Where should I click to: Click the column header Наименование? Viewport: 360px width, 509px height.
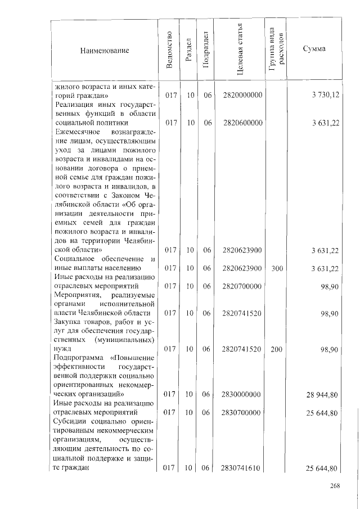tap(105, 51)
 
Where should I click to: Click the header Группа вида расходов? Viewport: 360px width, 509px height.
tap(276, 50)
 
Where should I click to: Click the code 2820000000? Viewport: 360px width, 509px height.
tap(242, 96)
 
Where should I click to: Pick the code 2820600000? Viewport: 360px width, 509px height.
tap(242, 123)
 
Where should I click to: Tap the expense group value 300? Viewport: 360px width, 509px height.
tap(276, 269)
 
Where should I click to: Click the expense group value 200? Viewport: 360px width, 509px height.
tap(276, 349)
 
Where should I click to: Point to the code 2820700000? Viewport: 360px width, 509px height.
tap(242, 286)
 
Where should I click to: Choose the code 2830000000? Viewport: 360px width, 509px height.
tap(242, 395)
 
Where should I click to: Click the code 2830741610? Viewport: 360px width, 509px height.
tap(242, 468)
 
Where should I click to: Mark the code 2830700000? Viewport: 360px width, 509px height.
tap(242, 413)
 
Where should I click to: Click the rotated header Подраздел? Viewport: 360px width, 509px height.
tap(206, 51)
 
